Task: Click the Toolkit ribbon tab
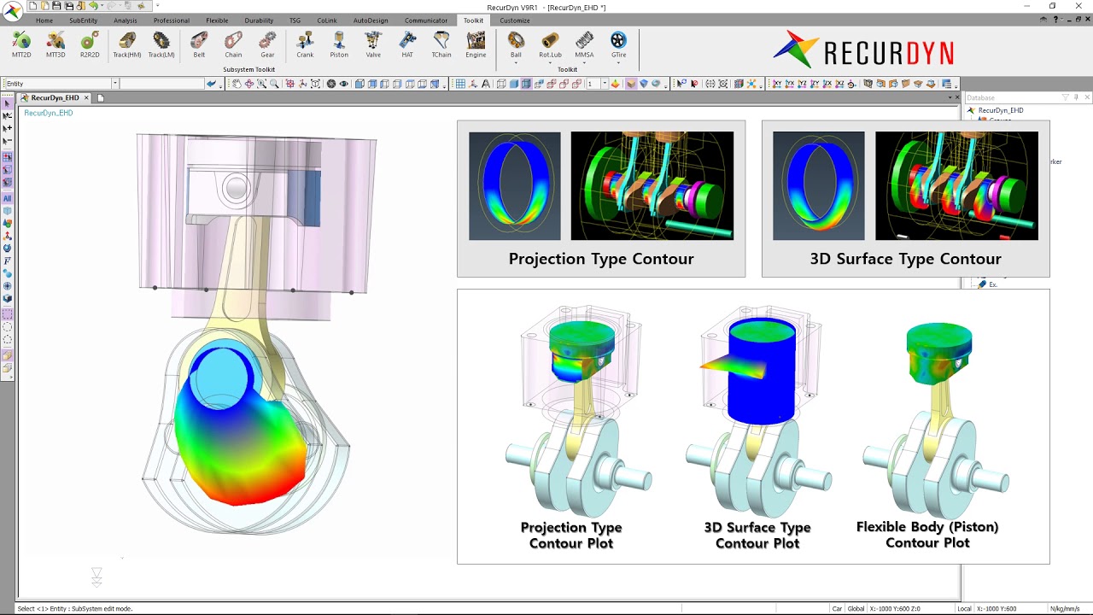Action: coord(473,20)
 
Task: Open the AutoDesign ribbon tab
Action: coord(371,20)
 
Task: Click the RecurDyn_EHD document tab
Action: coord(55,97)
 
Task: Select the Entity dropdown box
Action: coord(60,84)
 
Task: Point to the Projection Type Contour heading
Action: coord(601,259)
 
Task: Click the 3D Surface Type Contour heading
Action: coord(905,259)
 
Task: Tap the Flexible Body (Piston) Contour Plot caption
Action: coord(927,535)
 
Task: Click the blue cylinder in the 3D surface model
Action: coord(762,376)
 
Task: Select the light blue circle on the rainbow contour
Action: coord(219,376)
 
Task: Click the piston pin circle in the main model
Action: coord(237,188)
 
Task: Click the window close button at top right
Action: coord(1077,6)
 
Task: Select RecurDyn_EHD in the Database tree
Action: coord(1000,110)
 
